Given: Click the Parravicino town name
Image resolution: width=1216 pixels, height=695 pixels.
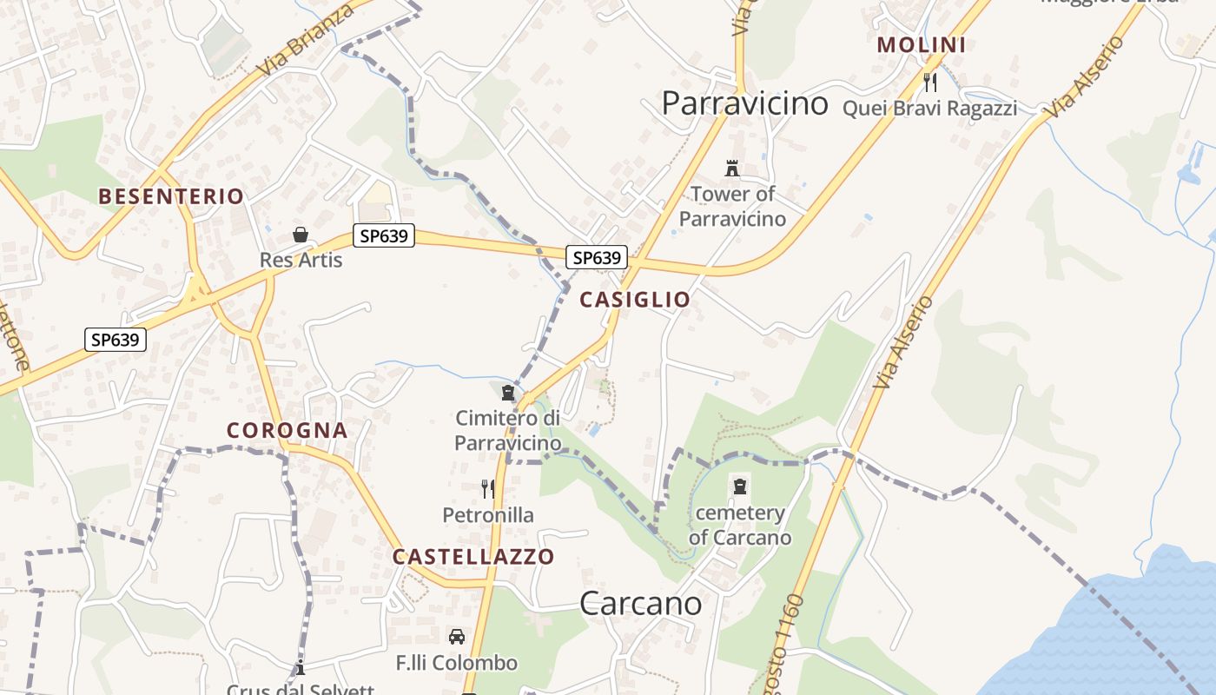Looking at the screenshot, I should pos(744,103).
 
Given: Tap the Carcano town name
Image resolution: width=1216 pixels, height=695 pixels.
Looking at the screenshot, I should pos(640,602).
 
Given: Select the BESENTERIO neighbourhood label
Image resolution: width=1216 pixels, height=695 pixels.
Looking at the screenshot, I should pos(171,196).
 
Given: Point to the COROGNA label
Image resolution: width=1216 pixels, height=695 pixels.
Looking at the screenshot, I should pos(287,430).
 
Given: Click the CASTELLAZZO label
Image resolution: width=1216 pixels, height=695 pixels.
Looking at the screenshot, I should pos(473,557).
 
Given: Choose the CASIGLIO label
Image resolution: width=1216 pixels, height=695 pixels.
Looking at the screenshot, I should pos(635,300).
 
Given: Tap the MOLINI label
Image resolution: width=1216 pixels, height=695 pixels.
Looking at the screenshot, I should pos(921,45).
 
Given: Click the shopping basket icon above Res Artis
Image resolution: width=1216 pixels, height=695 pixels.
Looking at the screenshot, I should pos(301,235).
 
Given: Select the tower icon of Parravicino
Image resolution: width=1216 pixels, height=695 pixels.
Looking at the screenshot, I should pos(731,168).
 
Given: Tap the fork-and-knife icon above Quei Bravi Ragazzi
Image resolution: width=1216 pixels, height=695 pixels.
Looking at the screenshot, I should pos(930,83).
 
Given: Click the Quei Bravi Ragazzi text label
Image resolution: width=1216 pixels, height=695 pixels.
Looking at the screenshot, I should pos(929,109).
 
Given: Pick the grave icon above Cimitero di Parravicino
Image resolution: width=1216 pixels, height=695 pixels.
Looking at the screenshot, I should pos(508,394).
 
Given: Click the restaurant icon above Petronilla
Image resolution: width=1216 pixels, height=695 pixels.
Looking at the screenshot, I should pos(487,489).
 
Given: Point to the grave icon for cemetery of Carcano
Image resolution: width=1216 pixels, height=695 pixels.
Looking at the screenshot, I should pos(740,486).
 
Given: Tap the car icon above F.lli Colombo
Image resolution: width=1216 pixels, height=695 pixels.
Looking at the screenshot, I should pos(457,637).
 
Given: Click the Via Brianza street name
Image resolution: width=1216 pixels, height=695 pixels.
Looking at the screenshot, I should pos(306,42).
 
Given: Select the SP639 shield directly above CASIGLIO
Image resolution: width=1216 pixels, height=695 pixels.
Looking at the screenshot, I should pos(597,257).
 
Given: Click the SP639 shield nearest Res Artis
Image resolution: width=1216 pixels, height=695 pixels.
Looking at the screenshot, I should pos(384,235).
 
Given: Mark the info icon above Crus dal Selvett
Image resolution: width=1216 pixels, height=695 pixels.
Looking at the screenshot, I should pos(301,668).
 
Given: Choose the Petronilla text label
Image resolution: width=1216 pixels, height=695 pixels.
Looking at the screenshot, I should pos(488,515).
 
